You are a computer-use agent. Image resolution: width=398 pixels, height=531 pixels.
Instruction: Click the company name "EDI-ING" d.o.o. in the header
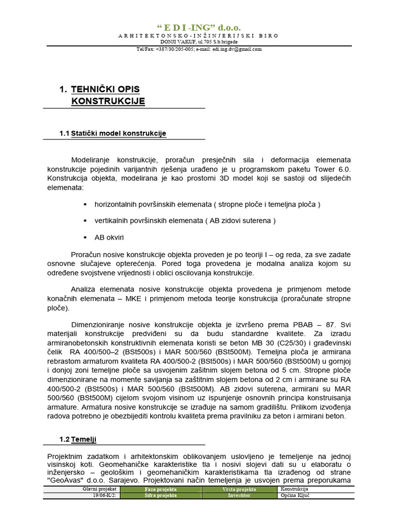[x=198, y=27]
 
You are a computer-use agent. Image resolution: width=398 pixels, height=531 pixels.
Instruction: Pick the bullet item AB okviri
[x=109, y=237]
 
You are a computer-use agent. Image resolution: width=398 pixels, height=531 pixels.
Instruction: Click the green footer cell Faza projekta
[x=161, y=489]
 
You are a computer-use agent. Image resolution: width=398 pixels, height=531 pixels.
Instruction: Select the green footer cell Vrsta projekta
[x=239, y=489]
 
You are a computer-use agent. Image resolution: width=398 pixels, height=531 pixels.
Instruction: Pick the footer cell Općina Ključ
[x=295, y=495]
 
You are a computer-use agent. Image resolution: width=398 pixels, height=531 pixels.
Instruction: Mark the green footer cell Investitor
[x=239, y=495]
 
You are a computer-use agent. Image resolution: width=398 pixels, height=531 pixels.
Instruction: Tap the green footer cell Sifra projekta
[x=161, y=495]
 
